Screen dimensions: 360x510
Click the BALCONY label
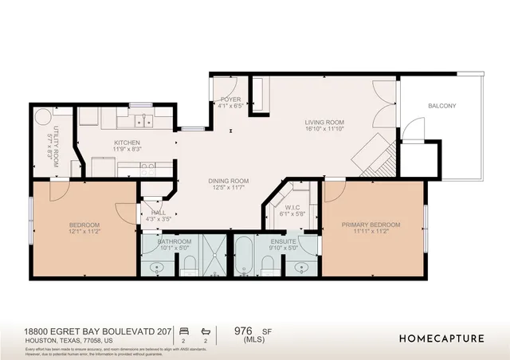coord(442,105)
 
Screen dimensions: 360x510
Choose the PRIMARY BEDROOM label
coord(371,225)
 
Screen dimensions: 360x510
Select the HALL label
coord(159,213)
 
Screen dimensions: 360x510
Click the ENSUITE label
coord(284,241)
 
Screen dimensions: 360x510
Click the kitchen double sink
coord(144,121)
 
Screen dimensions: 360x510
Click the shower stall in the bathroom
coord(213,255)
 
